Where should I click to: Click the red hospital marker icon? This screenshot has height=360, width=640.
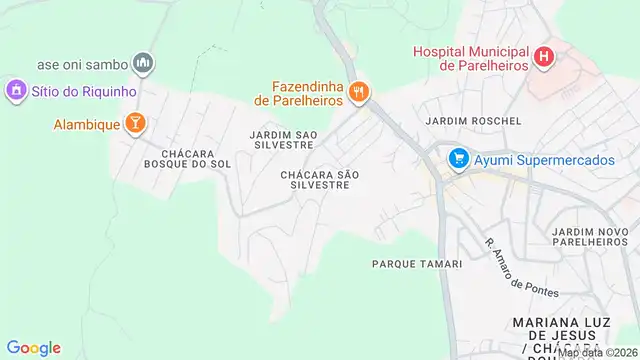coord(543,57)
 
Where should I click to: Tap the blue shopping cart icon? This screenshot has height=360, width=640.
coord(459,158)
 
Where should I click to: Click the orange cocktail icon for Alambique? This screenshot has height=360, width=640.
coord(135,124)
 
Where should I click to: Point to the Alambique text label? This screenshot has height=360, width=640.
coord(86,124)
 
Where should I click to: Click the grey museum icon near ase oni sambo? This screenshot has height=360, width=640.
coord(143,64)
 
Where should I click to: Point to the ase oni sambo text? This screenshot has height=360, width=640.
coord(83,64)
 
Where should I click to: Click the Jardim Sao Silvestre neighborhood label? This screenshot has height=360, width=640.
coord(285,138)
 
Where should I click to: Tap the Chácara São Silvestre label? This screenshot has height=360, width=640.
coord(319,180)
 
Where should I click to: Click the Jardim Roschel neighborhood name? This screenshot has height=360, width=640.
coord(473,121)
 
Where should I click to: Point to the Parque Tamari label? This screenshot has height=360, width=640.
coord(417,264)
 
